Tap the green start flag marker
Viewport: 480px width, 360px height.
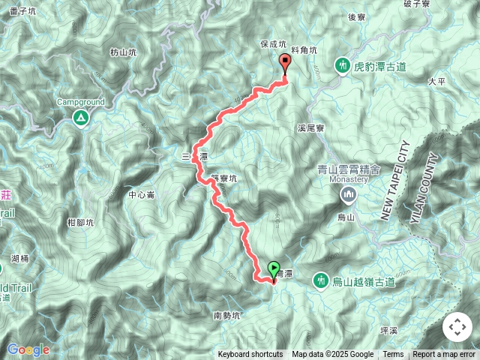(x=274, y=268)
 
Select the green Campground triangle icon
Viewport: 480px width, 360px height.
(x=79, y=117)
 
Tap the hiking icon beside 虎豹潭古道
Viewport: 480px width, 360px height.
(x=343, y=66)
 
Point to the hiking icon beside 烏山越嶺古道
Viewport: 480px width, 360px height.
(x=320, y=280)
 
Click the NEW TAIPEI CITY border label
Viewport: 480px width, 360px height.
(x=395, y=181)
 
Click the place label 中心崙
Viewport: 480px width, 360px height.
(x=141, y=195)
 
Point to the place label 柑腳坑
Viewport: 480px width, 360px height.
(x=80, y=222)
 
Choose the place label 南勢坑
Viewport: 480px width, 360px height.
(x=227, y=315)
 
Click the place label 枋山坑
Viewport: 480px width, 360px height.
(x=122, y=52)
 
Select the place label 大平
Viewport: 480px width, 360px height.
(x=436, y=80)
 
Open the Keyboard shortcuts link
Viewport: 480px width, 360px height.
(x=250, y=355)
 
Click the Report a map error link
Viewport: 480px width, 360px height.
(x=445, y=355)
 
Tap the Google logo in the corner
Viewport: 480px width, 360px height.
(x=28, y=349)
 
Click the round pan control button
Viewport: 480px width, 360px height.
(x=457, y=327)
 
